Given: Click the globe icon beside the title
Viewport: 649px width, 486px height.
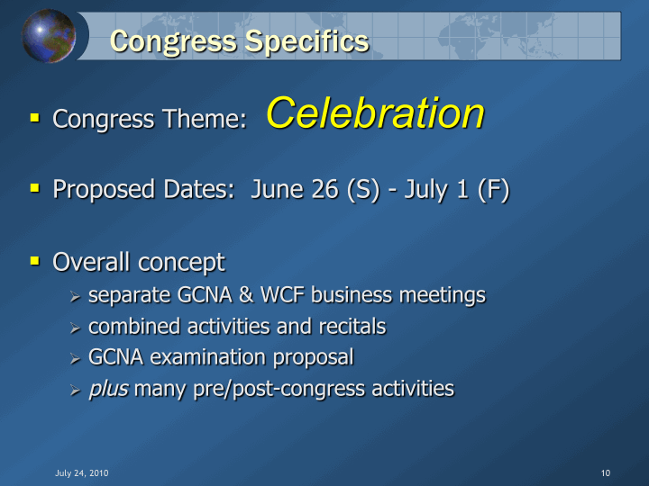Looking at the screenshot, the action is point(49,36).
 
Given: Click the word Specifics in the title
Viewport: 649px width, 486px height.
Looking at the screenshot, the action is point(306,41).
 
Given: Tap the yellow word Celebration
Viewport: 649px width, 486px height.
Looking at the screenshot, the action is point(375,112).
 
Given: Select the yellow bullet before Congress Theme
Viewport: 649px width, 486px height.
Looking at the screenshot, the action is point(35,118).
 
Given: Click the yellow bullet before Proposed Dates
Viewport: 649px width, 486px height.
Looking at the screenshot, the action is point(35,188).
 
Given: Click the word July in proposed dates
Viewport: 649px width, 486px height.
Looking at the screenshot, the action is point(425,191).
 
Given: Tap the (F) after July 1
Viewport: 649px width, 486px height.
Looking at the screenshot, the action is point(493,191).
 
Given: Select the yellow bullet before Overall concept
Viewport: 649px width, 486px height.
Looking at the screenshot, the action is point(35,261).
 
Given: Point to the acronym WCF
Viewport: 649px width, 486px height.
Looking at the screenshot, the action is point(282,295).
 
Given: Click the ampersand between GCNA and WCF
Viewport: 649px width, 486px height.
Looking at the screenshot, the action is point(246,295).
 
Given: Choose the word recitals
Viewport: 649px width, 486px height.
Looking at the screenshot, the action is point(352,326).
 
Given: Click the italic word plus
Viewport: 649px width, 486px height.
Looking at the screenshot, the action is point(108,390).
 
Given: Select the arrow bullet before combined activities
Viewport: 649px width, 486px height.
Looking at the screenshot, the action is point(75,328).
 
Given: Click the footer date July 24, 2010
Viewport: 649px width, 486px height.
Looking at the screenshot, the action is point(82,473).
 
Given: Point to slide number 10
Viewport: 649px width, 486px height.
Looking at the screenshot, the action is point(606,473).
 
